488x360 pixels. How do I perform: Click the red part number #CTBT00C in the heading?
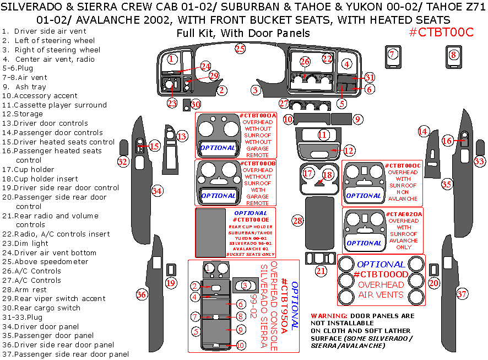click(441, 32)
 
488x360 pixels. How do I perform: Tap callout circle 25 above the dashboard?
click(240, 49)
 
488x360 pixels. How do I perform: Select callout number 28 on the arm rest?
click(298, 221)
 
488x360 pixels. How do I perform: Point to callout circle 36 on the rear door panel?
click(142, 294)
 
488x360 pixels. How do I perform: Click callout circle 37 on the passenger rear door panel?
click(462, 294)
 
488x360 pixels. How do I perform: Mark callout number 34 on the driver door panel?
click(158, 191)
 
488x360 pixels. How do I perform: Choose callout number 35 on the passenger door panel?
click(446, 184)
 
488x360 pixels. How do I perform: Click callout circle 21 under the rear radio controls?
click(321, 271)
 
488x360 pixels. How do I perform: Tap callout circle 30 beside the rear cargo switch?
click(196, 104)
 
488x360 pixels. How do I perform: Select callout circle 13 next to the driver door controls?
click(182, 136)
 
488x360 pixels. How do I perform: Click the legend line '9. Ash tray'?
click(24, 87)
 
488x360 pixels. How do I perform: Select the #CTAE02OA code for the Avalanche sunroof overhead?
click(405, 213)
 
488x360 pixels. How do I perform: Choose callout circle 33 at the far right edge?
click(480, 162)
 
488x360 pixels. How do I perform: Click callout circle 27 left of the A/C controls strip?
click(284, 103)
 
